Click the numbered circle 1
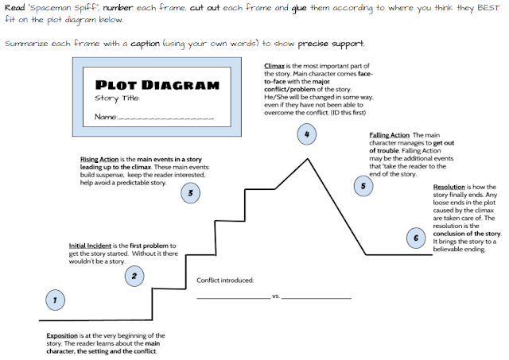[54, 300]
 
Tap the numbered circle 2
[134, 277]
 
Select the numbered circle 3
[190, 192]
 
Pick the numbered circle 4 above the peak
[307, 134]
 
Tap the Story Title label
[117, 99]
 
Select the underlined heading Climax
[277, 67]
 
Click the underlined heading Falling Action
[389, 136]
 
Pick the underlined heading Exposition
[62, 335]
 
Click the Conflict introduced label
[225, 280]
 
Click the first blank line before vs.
[233, 298]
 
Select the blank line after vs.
[317, 298]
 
